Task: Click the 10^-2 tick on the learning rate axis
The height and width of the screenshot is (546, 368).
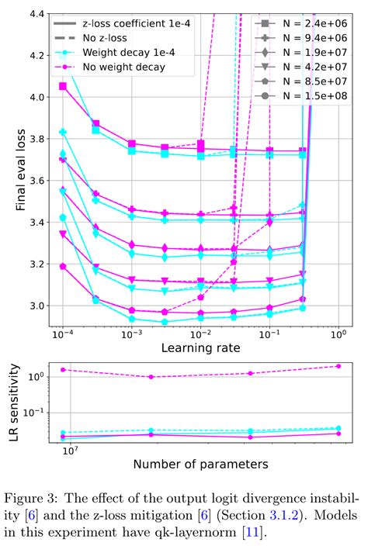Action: point(202,334)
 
